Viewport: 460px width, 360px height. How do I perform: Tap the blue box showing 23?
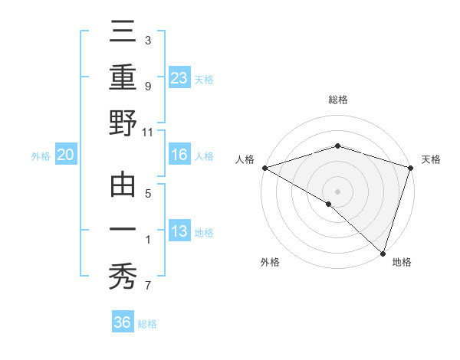[179, 78]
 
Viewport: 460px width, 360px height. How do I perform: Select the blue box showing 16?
[179, 155]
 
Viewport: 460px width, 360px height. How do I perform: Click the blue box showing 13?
[179, 231]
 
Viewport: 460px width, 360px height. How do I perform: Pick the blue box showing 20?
[65, 155]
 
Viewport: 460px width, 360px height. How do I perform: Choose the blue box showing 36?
[123, 322]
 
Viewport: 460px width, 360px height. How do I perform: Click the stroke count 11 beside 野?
[148, 132]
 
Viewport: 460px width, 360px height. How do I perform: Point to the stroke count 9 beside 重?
[148, 87]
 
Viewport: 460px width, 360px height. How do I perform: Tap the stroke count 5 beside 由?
[148, 194]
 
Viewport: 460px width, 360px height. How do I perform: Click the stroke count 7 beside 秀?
[148, 286]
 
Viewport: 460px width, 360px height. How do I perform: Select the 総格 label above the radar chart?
[338, 100]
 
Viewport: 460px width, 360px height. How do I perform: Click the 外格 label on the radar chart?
[270, 262]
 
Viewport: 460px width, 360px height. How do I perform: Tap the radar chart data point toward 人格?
[264, 167]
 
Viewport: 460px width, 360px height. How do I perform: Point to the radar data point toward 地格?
[383, 252]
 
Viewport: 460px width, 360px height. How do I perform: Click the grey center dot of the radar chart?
[338, 191]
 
